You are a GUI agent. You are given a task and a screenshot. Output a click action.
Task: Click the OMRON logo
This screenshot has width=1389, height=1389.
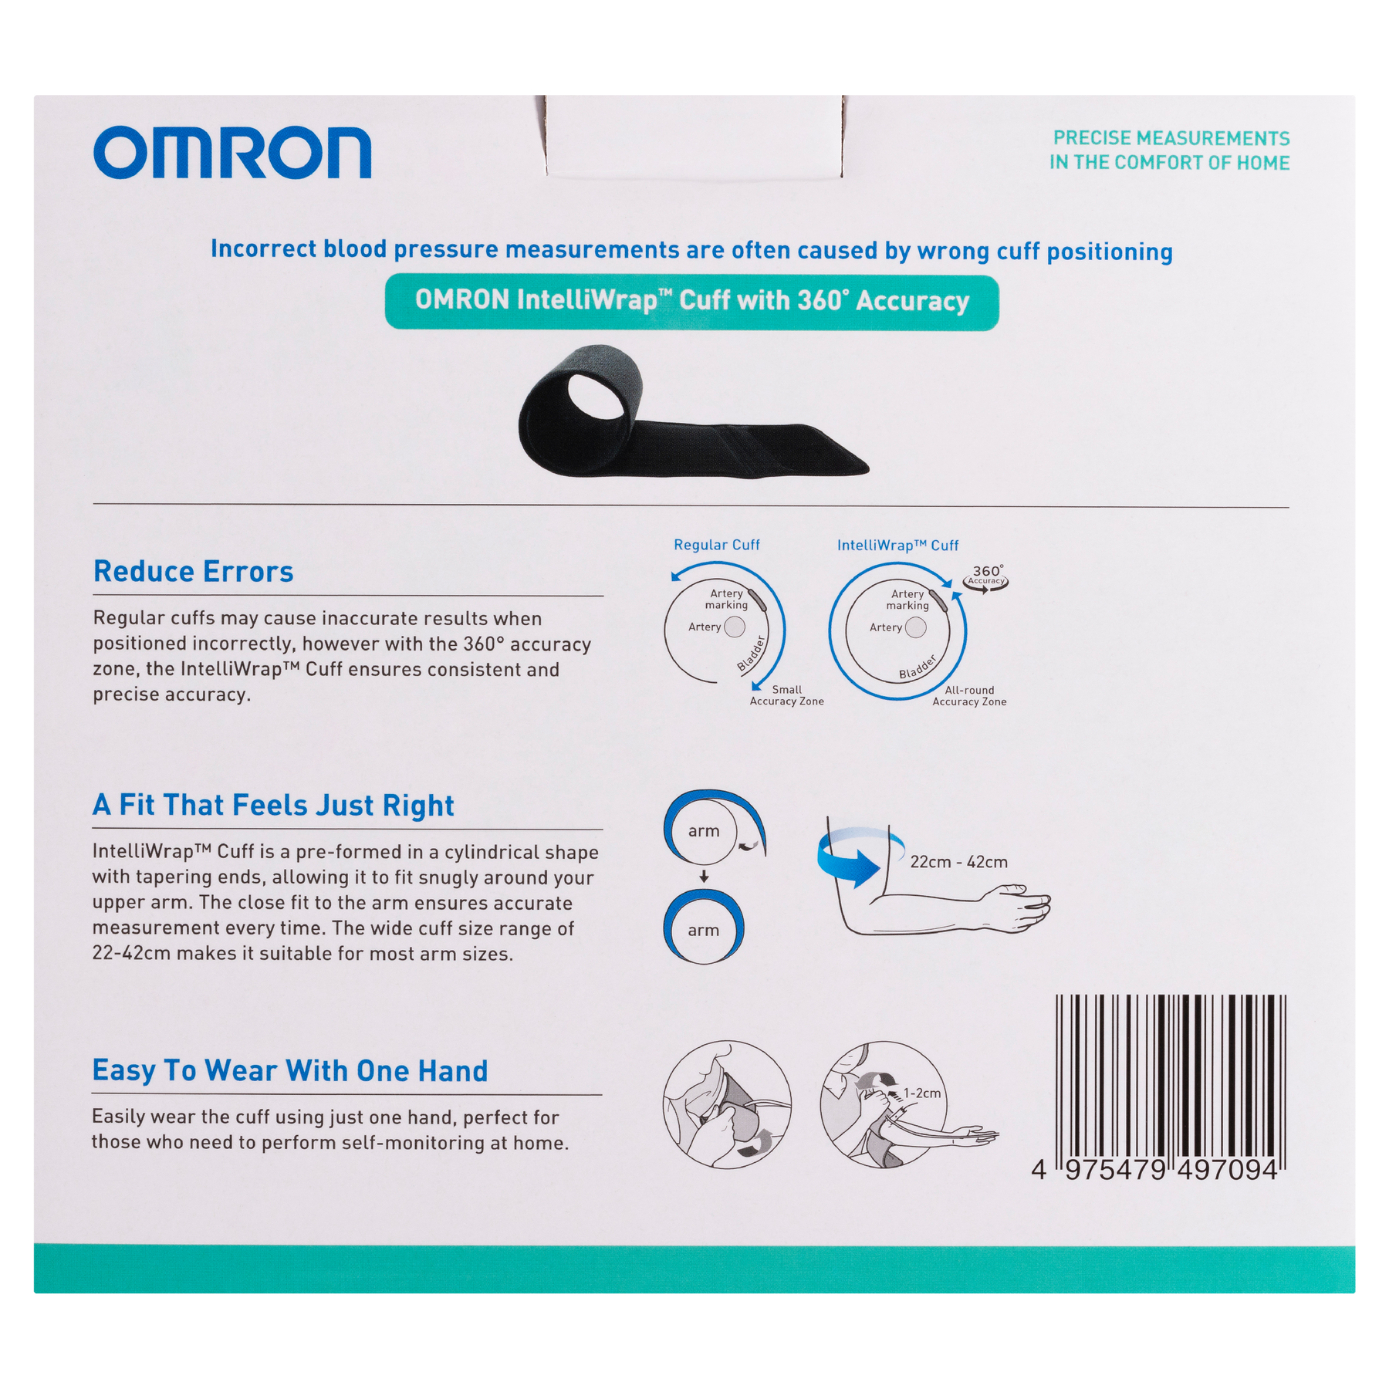232,153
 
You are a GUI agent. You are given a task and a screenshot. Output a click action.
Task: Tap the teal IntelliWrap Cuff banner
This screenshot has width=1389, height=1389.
691,302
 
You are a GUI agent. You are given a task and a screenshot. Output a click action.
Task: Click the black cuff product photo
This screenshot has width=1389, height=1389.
693,411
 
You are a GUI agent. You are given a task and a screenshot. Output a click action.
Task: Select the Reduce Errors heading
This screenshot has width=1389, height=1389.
193,572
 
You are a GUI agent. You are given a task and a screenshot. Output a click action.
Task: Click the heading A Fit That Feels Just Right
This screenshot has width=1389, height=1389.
273,805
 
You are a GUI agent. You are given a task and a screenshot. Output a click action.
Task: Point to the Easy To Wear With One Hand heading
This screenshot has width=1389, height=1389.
290,1070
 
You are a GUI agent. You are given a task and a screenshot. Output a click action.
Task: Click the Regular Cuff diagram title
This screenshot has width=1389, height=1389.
717,545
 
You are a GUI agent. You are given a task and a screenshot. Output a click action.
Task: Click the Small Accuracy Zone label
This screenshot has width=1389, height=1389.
787,695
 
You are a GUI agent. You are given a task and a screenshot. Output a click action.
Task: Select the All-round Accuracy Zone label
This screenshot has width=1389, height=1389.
969,696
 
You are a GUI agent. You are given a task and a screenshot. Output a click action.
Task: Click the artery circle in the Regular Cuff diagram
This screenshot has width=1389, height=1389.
735,627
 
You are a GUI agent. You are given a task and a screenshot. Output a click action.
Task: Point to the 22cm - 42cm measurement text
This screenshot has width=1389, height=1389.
958,862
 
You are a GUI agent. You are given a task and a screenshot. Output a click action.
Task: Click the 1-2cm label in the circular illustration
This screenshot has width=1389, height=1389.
922,1093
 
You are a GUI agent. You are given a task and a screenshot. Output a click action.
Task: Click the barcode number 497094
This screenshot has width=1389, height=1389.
1227,1170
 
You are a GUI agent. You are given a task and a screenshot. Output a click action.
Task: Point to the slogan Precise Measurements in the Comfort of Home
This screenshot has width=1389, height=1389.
1170,150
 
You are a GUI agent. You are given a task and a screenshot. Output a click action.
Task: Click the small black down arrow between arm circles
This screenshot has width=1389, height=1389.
704,877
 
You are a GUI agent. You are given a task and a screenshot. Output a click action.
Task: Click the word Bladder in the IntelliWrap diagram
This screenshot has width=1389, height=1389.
918,667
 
